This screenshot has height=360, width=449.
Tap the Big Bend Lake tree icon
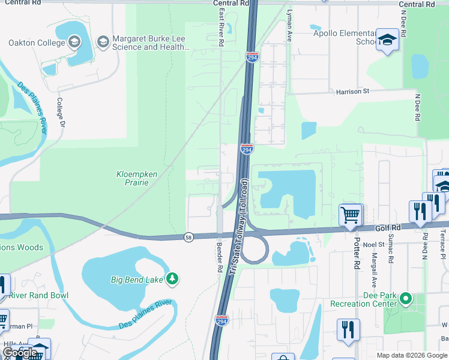coord(172,278)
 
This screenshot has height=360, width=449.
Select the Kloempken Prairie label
coord(137,178)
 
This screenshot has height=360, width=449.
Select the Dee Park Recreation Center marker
coord(406,298)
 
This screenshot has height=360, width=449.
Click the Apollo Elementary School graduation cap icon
coord(387,41)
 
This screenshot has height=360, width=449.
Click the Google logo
coord(20,353)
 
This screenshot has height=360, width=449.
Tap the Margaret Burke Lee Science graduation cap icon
coord(103,41)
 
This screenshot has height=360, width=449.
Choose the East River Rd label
coord(221,27)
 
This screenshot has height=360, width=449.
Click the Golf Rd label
coord(388,228)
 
